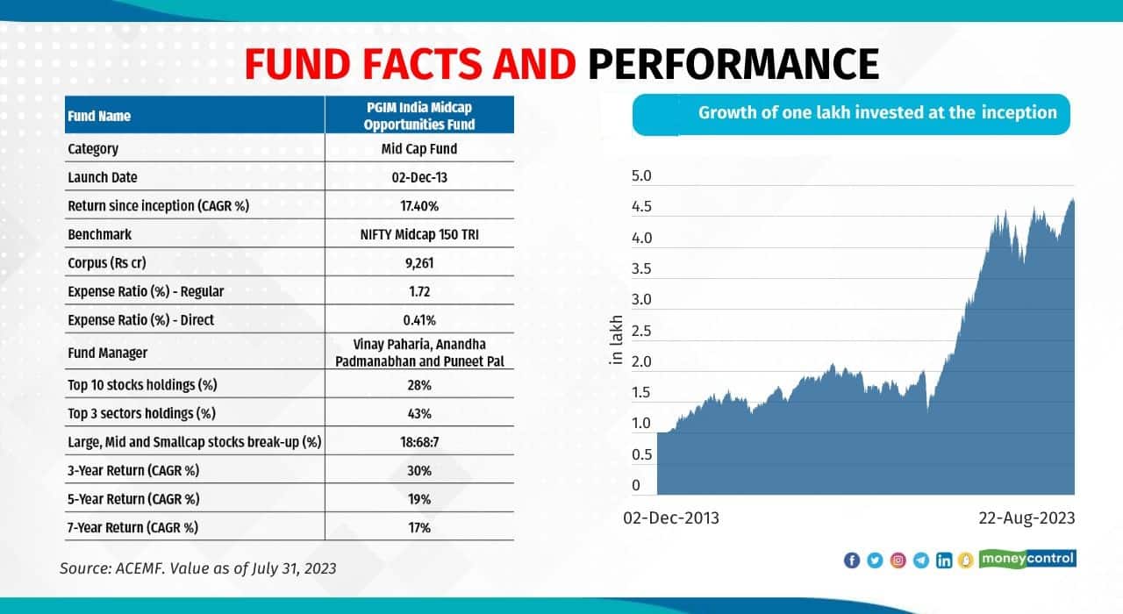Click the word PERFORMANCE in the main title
733,64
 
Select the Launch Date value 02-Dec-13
419,177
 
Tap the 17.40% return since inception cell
419,206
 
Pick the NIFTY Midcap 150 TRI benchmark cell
419,234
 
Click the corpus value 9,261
419,262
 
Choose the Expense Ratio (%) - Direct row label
140,320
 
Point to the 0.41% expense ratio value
419,320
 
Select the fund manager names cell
419,353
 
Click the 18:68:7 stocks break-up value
419,441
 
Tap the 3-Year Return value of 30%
419,470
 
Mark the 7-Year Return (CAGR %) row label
133,527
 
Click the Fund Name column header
99,116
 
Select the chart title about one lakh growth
877,113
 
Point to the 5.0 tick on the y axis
641,176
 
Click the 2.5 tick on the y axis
641,331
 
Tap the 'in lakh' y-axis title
616,340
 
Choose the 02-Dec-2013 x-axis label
671,518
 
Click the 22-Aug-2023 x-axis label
1026,518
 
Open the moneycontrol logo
1027,559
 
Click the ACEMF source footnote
198,568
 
